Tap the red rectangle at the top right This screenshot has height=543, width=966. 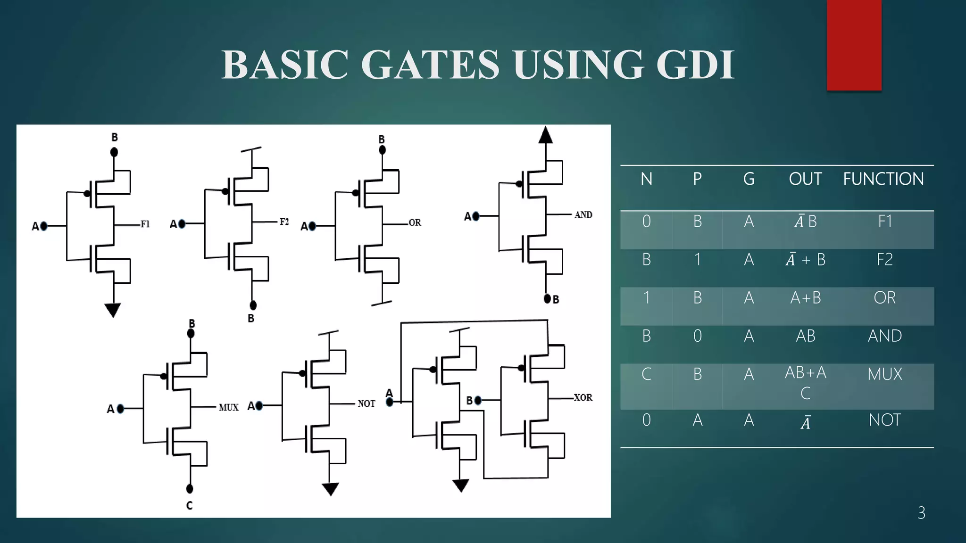coord(854,45)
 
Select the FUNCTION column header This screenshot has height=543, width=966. coord(883,179)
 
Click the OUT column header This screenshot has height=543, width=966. coord(805,179)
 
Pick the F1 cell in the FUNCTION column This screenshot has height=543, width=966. coord(885,222)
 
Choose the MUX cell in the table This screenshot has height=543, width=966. coord(884,374)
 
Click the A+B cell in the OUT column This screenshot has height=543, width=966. coord(806,298)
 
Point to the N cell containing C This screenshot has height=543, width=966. coord(646,374)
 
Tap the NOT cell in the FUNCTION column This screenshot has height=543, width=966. coord(884,420)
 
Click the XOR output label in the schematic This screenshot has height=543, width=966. coord(583,398)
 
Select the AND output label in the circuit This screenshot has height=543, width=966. coord(583,215)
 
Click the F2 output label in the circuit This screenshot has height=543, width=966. coord(284,222)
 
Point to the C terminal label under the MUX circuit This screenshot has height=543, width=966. coord(189,506)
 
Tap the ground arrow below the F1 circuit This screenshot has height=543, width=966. coord(113,310)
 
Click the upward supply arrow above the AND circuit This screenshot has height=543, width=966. coord(545,136)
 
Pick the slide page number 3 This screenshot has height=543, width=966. coord(921,513)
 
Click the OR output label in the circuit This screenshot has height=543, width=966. coord(415,222)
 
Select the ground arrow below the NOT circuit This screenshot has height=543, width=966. coord(330,489)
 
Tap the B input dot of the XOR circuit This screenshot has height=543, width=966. coord(478,401)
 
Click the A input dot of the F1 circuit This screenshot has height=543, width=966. coord(44,226)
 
